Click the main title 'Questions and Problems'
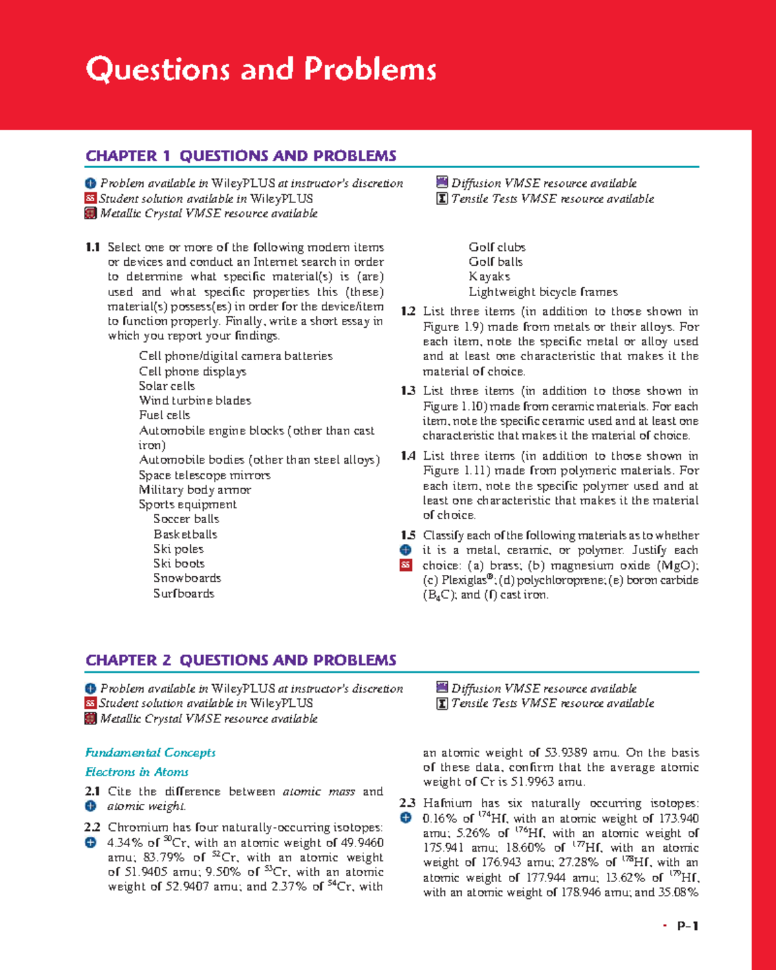(261, 70)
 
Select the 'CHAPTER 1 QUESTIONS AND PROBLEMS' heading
(241, 156)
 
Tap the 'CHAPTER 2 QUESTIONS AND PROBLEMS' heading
(241, 660)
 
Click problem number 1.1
(92, 247)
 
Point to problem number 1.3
(407, 391)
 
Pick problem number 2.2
(92, 827)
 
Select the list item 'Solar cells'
(167, 386)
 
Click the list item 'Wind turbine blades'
(195, 401)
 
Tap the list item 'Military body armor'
(195, 490)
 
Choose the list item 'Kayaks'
(490, 277)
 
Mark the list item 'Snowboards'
(187, 578)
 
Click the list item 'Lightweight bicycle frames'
(543, 292)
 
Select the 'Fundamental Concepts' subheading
(150, 753)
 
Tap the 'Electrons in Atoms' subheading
(136, 772)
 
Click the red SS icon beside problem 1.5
(405, 565)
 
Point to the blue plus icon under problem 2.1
(91, 806)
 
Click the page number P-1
(687, 926)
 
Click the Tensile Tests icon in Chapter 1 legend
(442, 199)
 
